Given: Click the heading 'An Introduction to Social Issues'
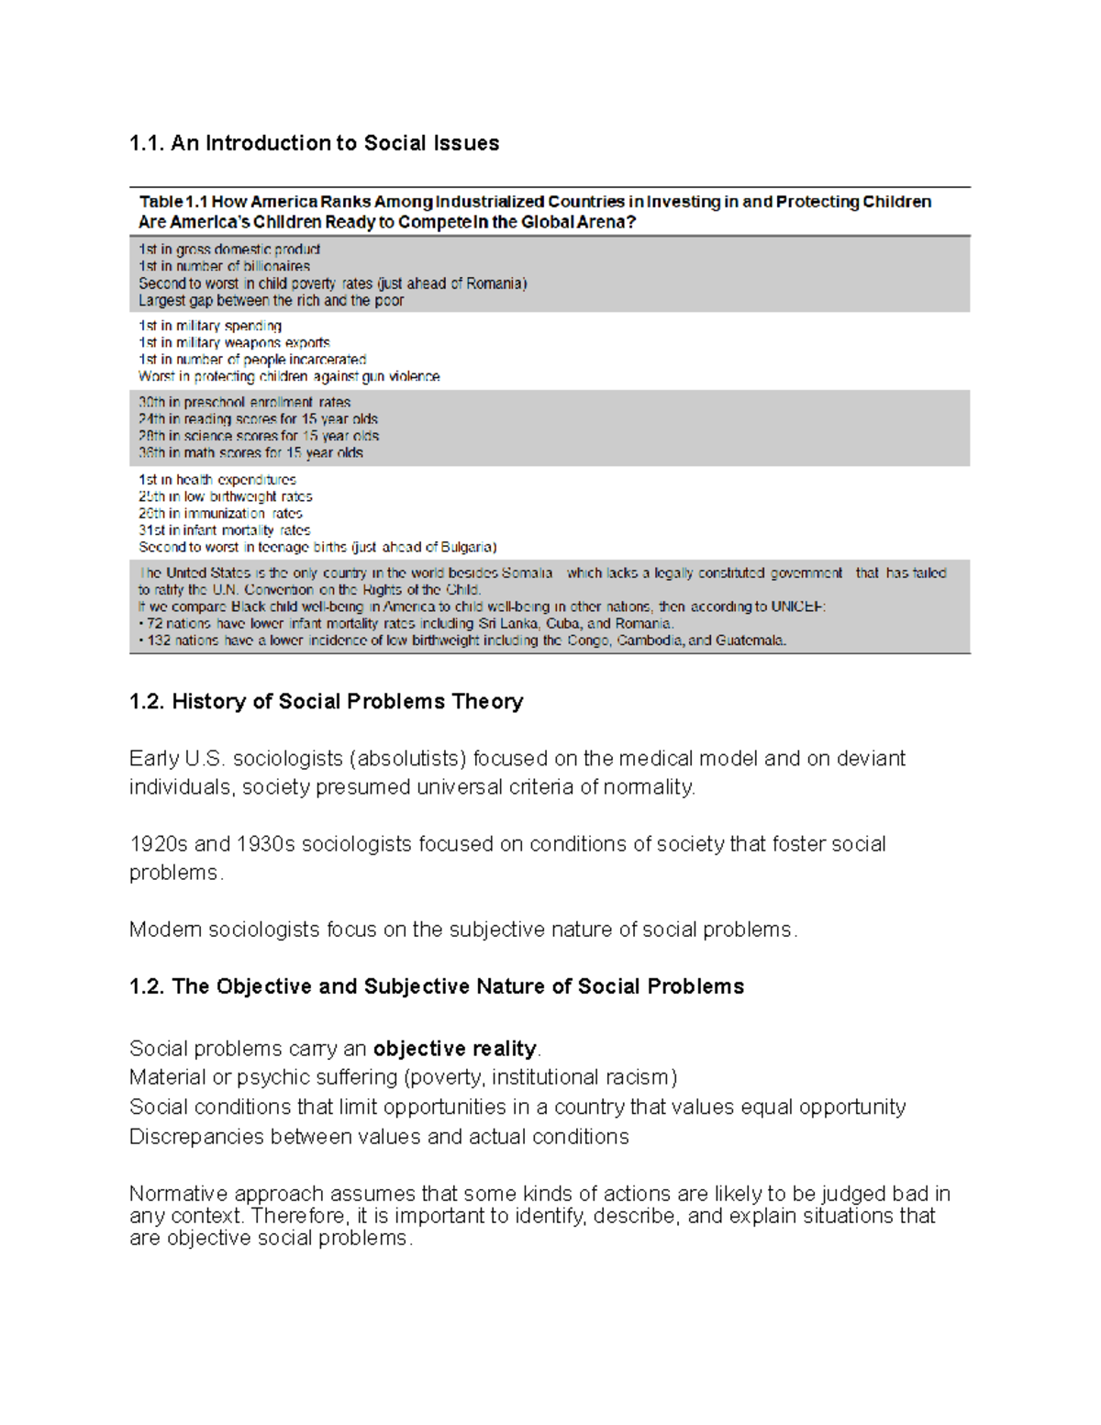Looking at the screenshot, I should tap(334, 143).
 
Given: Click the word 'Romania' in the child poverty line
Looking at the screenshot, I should tap(495, 284).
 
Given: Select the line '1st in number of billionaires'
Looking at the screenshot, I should tap(224, 266).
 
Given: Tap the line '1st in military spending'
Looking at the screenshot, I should tap(210, 326).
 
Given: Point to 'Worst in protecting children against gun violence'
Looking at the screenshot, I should tap(289, 376).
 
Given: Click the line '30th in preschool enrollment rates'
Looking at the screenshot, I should tap(244, 402).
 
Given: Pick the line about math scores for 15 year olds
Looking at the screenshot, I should tap(250, 452).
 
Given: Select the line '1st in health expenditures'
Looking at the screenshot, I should tap(217, 479).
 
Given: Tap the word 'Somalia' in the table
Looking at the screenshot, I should tap(527, 573).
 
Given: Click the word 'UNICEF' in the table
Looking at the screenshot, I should tap(797, 607).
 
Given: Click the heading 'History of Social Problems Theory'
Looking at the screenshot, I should tap(347, 702).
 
